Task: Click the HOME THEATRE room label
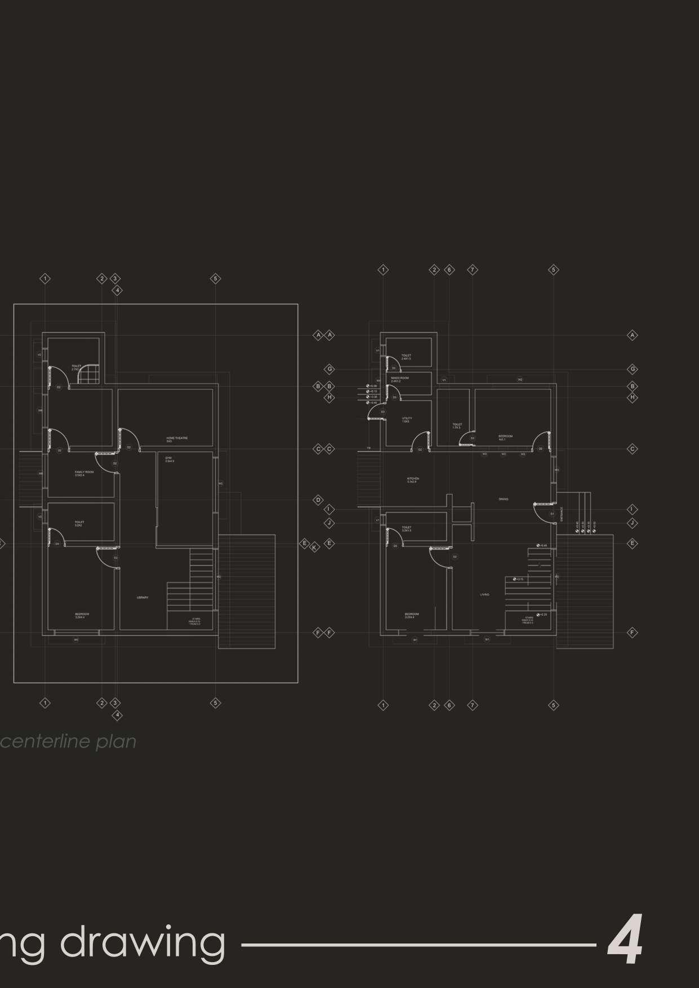tap(177, 438)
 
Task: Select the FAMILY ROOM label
tap(84, 473)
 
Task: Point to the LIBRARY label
tap(143, 597)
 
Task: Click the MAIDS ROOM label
tap(399, 379)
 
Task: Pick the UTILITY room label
tap(407, 419)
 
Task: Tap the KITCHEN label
tap(413, 479)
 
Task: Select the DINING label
tap(503, 499)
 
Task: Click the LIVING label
tap(484, 594)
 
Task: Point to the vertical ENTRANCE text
tap(562, 513)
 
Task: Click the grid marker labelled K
tap(315, 548)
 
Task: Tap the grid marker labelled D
tap(318, 500)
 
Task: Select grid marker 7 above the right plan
tap(473, 270)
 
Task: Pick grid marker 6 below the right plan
tap(449, 705)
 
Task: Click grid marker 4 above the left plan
tap(117, 291)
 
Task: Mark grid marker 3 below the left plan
tap(115, 703)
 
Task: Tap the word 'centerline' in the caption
tap(46, 741)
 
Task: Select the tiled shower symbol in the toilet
tap(87, 375)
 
